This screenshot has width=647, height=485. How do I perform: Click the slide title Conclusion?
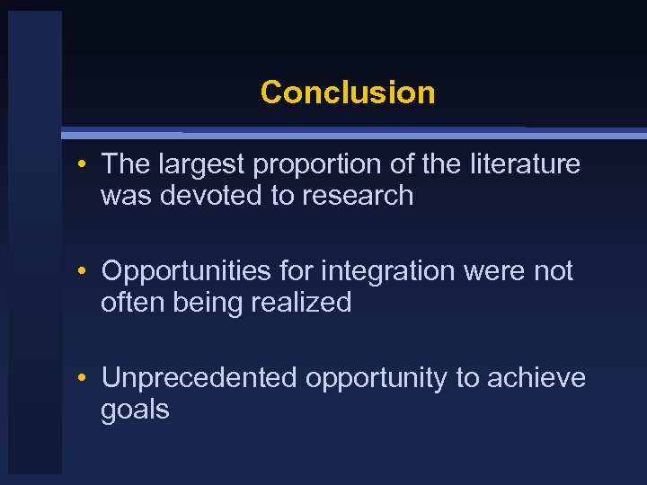pos(347,93)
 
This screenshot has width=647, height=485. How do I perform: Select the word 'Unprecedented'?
pos(199,378)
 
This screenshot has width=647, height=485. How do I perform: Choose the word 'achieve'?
pos(536,378)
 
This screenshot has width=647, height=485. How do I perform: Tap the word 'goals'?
pos(135,410)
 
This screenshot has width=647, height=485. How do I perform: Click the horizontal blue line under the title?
pos(359,134)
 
